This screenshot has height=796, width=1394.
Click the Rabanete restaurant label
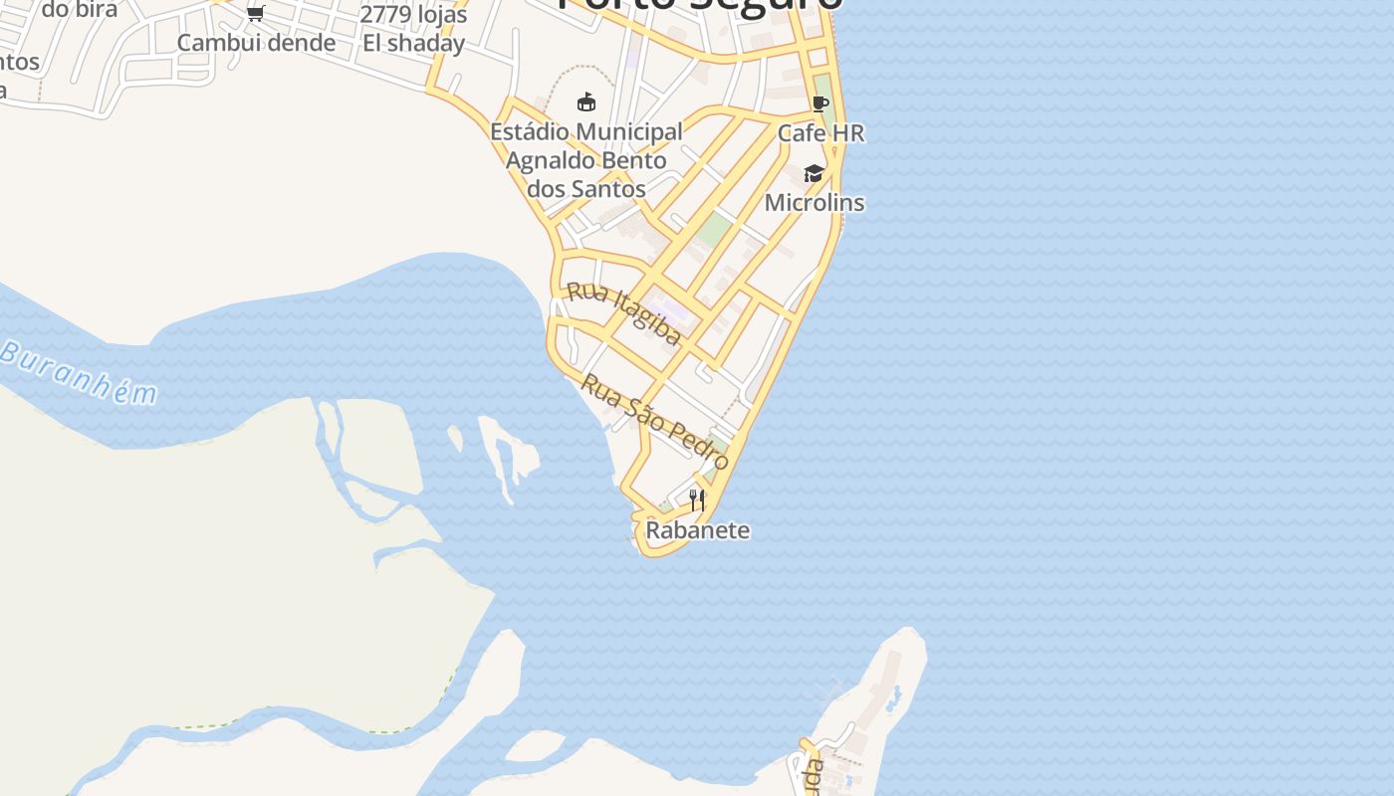[x=697, y=530]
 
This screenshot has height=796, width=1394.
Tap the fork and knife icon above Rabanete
[x=697, y=499]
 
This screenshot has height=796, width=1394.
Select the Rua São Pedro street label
[x=655, y=421]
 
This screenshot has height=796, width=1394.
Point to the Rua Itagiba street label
[x=624, y=312]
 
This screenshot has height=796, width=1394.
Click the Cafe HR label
[x=820, y=133]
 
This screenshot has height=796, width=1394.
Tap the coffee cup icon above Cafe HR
[x=820, y=103]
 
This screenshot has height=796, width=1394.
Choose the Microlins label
[x=814, y=203]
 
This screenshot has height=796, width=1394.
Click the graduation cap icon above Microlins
[x=814, y=174]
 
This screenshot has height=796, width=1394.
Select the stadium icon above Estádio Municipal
[x=586, y=101]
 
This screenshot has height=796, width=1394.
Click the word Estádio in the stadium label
[x=530, y=131]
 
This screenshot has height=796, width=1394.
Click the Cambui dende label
[x=256, y=43]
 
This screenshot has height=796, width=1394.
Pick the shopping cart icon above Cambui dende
[x=256, y=14]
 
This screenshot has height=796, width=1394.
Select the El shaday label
[x=413, y=43]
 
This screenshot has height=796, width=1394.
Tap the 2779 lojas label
[x=413, y=15]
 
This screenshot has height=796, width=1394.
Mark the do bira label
[x=80, y=10]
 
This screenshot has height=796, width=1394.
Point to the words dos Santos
[x=587, y=188]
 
